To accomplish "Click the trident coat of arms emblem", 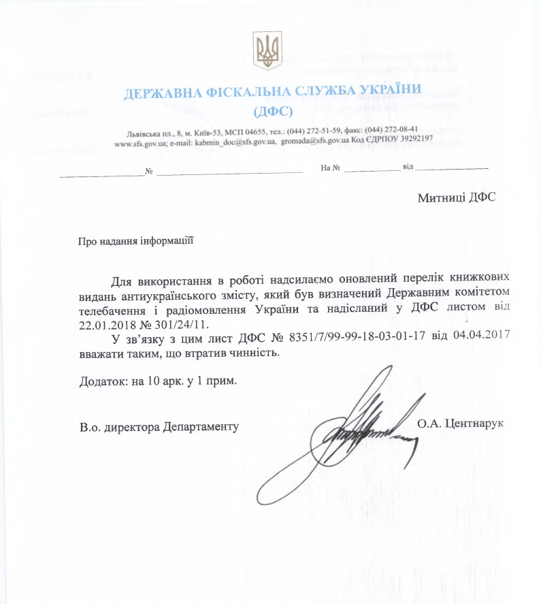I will [x=267, y=50].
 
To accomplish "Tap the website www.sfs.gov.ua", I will [x=137, y=144].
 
